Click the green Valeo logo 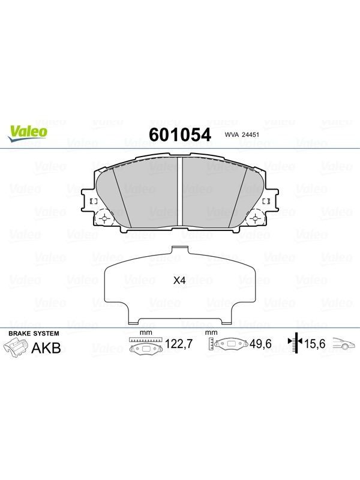click(28, 133)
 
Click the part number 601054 click(179, 134)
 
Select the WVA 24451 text click(242, 134)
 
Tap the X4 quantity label click(179, 280)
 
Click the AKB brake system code click(46, 348)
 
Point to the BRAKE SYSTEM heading click(34, 334)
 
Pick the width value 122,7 click(179, 344)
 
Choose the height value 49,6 click(260, 344)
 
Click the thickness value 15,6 click(314, 344)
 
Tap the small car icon click(344, 343)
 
